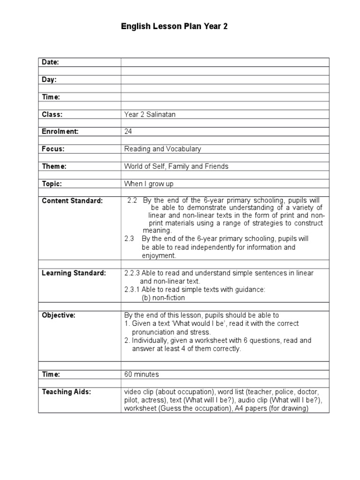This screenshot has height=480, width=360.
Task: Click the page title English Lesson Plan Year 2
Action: [x=174, y=27]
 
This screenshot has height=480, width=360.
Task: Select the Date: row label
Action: [x=51, y=62]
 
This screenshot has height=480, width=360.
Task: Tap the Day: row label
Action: [x=49, y=80]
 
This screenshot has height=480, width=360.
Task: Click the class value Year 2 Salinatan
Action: [x=150, y=114]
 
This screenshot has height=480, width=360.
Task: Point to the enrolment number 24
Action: [x=128, y=132]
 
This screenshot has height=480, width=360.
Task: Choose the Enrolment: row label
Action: [x=60, y=132]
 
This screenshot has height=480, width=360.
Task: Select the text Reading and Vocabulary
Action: [x=162, y=149]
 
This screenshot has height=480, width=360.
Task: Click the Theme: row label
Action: [x=54, y=166]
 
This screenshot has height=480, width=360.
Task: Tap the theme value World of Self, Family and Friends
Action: [x=176, y=166]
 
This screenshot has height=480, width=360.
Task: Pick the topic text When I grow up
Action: [x=149, y=184]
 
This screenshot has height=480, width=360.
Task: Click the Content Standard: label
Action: [x=72, y=201]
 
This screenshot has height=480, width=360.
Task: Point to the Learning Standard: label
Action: [x=74, y=273]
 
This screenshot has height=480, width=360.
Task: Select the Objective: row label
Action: [x=59, y=315]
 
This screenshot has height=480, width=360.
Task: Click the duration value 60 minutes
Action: [x=142, y=375]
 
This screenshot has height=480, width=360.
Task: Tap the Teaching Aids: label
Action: [x=67, y=391]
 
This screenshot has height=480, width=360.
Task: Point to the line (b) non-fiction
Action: [x=163, y=298]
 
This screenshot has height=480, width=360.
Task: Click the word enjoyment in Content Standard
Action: [x=159, y=255]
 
